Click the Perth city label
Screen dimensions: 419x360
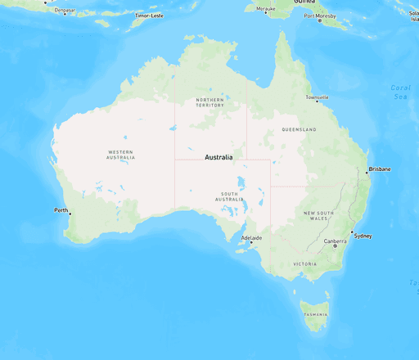(61, 210)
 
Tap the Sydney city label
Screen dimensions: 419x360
(363, 236)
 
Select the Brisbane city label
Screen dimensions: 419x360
(380, 169)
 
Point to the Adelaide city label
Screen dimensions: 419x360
(251, 239)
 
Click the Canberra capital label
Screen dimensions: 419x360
(335, 241)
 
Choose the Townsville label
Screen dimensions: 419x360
(317, 98)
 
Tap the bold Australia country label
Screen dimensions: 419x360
(219, 157)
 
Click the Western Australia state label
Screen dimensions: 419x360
(121, 155)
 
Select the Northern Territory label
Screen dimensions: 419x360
(210, 102)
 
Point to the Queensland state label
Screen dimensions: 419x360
(299, 130)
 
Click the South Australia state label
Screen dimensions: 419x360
(229, 197)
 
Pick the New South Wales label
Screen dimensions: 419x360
(318, 216)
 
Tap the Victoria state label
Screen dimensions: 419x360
(304, 264)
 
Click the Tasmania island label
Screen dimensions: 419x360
(315, 315)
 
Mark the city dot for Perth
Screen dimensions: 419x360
(70, 214)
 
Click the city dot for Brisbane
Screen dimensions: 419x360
(367, 173)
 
